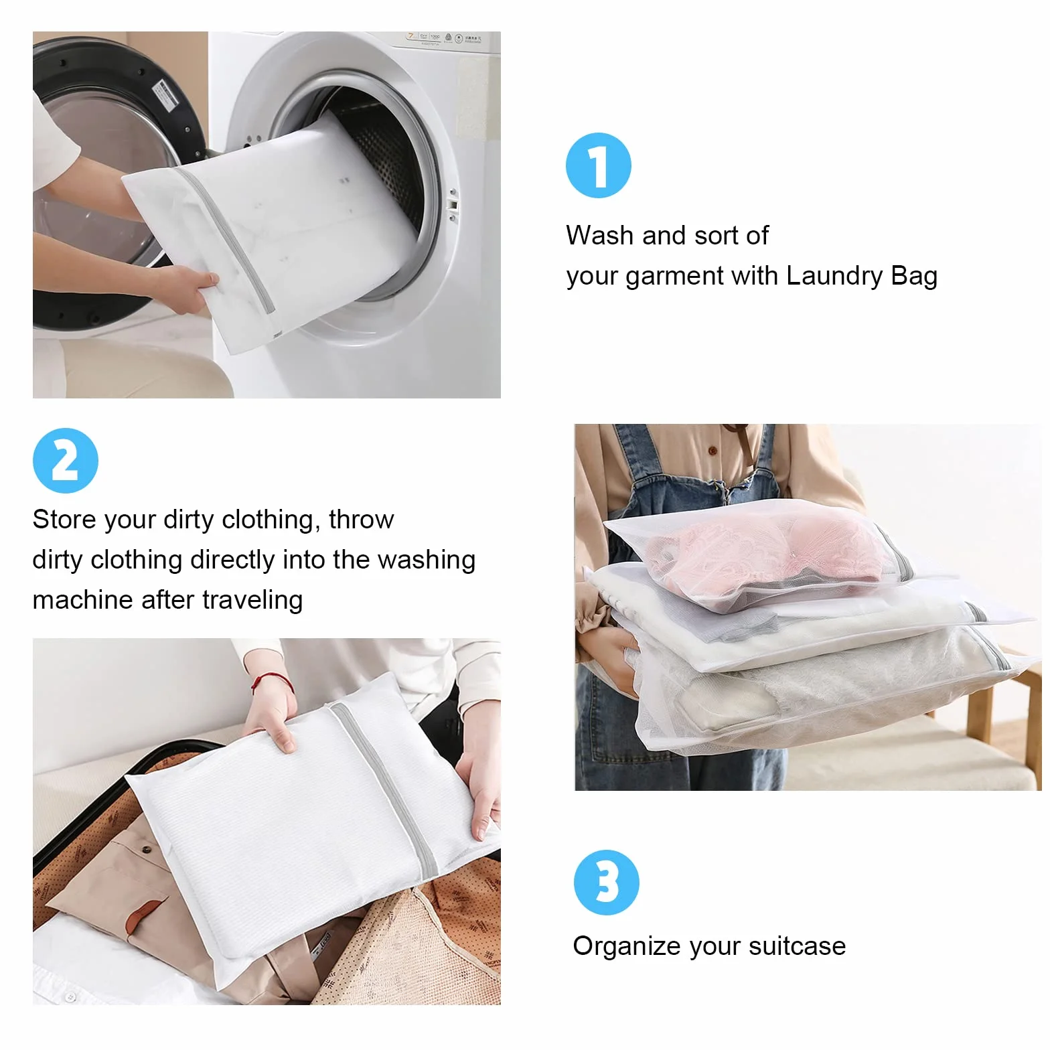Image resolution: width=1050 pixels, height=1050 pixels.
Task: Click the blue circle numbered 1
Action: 598,165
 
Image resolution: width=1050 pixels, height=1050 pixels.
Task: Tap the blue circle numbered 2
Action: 66,461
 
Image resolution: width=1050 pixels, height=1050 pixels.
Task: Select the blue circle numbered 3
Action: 607,883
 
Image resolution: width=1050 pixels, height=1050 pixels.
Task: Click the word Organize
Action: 627,947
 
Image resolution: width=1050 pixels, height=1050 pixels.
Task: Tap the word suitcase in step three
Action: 797,946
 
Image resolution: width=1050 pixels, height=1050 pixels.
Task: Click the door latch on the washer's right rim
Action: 453,204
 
